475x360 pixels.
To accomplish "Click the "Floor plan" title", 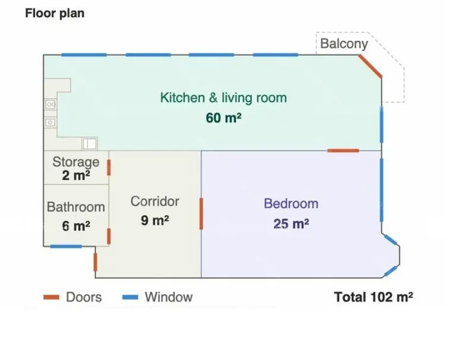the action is pyautogui.click(x=55, y=13).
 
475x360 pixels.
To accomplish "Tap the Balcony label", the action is pyautogui.click(x=344, y=44).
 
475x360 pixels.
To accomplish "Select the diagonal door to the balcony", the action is pyautogui.click(x=370, y=66).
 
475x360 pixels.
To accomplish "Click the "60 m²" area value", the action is pyautogui.click(x=224, y=118).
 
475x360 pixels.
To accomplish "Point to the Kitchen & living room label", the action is pyautogui.click(x=224, y=98).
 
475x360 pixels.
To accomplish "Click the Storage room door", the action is pyautogui.click(x=109, y=167).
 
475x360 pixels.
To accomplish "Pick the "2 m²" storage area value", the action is pyautogui.click(x=76, y=175).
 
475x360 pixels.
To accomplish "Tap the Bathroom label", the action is pyautogui.click(x=76, y=207).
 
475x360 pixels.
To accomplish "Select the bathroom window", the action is pyautogui.click(x=66, y=246).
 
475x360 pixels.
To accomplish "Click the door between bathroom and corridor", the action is pyautogui.click(x=109, y=237).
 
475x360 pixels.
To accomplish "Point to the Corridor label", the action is pyautogui.click(x=155, y=202).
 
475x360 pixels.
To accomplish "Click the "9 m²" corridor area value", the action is pyautogui.click(x=155, y=220).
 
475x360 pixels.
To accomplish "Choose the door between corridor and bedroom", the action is pyautogui.click(x=201, y=214).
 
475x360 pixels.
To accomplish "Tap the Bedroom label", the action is pyautogui.click(x=291, y=203).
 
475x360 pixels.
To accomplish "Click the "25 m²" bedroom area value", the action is pyautogui.click(x=291, y=224).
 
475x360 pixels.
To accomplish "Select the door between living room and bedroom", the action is pyautogui.click(x=343, y=151).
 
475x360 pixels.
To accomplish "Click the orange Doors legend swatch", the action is pyautogui.click(x=51, y=297).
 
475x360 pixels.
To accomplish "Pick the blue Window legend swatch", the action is pyautogui.click(x=130, y=297).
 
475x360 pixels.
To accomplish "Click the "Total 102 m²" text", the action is pyautogui.click(x=374, y=297).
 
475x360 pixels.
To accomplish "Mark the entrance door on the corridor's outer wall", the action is pyautogui.click(x=95, y=262).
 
